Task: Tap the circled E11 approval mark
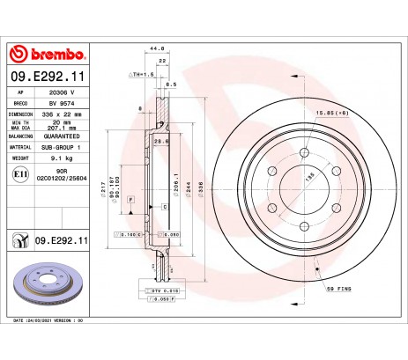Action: (x=19, y=177)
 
